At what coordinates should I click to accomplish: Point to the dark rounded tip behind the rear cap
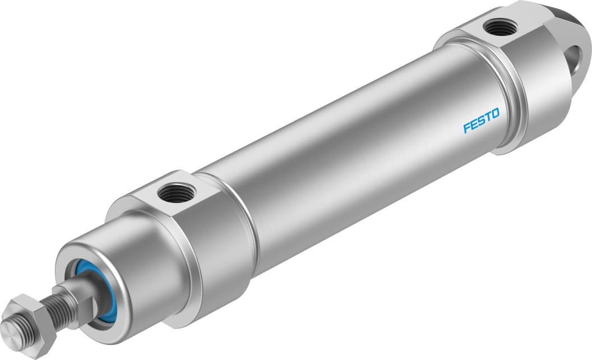pyautogui.click(x=577, y=17)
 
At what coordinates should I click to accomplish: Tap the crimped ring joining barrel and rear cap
pyautogui.click(x=507, y=95)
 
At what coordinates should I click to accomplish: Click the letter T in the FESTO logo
pyautogui.click(x=489, y=119)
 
